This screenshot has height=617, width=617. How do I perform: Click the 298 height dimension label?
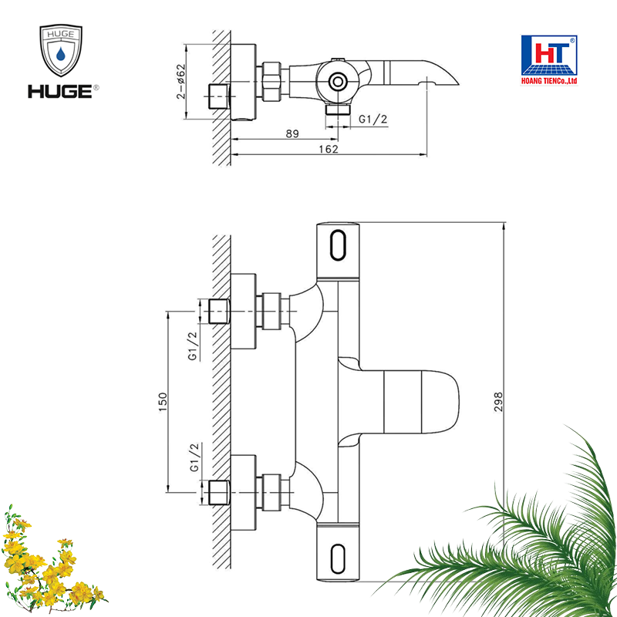pyautogui.click(x=498, y=402)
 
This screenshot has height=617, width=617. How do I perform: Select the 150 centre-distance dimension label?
pyautogui.click(x=163, y=402)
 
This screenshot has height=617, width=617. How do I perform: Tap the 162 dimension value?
pyautogui.click(x=329, y=149)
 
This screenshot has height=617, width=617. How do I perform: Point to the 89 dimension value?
pyautogui.click(x=292, y=133)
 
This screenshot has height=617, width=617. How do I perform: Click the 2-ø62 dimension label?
pyautogui.click(x=180, y=82)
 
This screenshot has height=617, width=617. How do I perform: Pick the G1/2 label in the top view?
pyautogui.click(x=373, y=119)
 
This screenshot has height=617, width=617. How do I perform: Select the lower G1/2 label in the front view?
pyautogui.click(x=194, y=457)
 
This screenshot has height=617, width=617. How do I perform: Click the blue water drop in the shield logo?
pyautogui.click(x=61, y=53)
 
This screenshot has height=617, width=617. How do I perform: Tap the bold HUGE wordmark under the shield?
pyautogui.click(x=60, y=92)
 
